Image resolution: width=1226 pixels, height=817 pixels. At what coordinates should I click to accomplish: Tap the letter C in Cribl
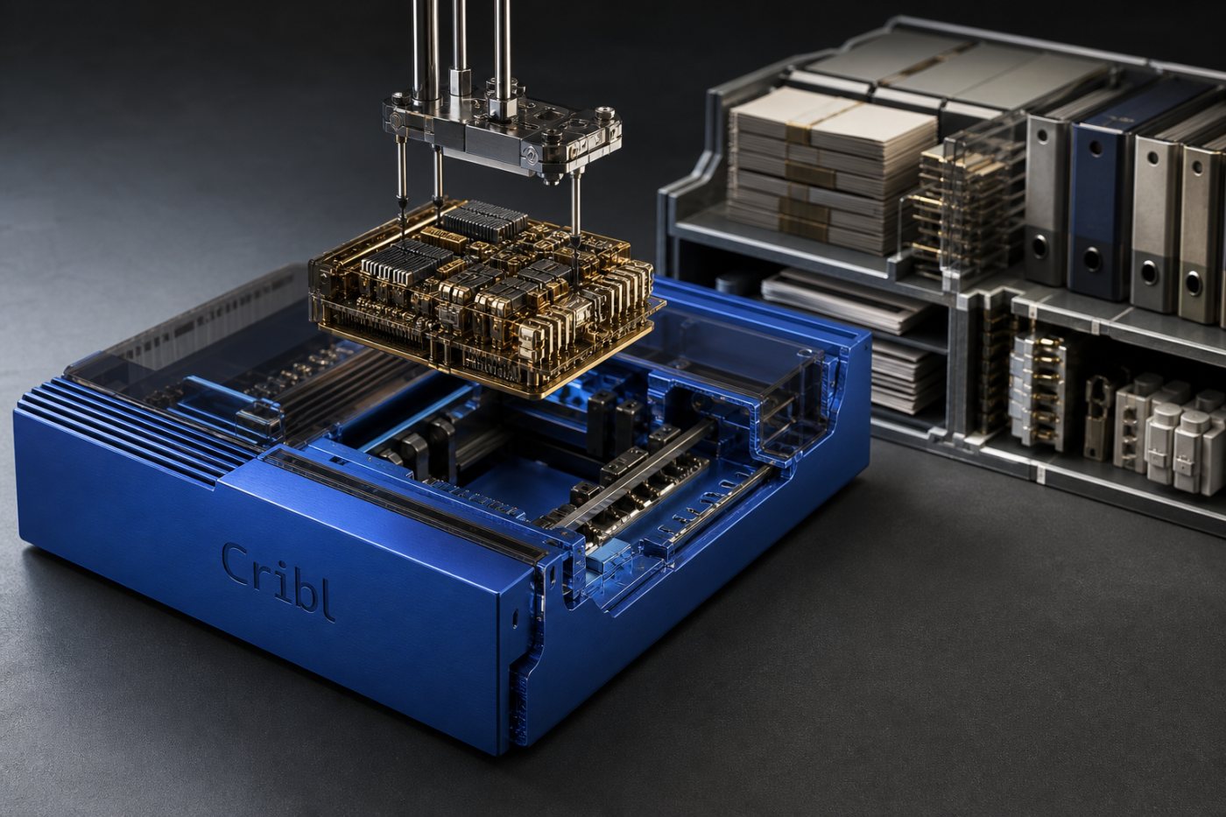coord(236,564)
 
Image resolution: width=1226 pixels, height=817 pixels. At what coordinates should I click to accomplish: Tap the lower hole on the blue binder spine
coord(1091,259)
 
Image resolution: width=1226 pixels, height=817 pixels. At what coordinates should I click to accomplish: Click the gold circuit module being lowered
coord(482,295)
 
